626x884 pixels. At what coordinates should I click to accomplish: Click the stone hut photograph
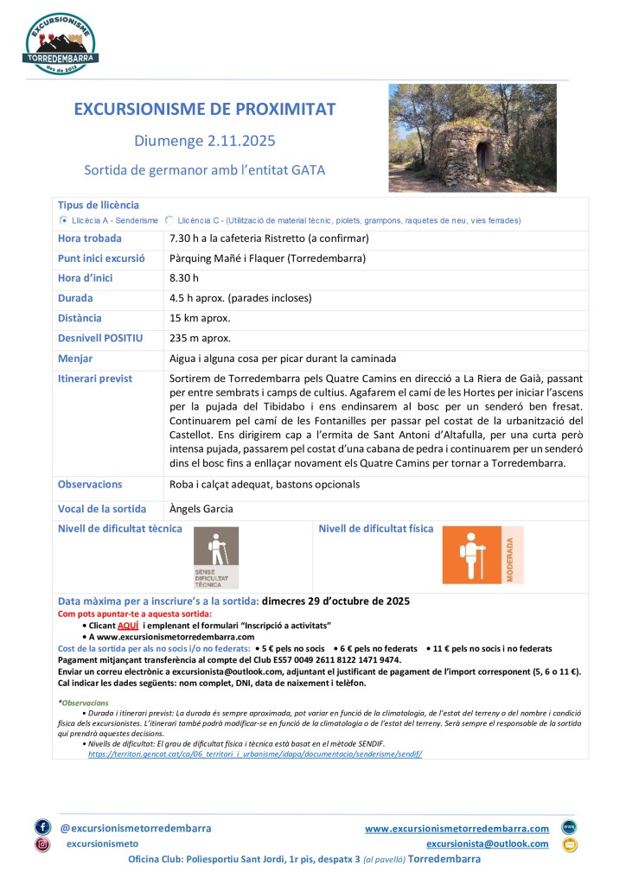point(472,137)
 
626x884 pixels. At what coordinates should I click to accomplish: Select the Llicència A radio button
point(63,220)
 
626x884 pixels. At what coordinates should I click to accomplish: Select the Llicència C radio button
point(169,220)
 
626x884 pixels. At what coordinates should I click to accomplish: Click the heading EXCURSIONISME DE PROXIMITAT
point(205,109)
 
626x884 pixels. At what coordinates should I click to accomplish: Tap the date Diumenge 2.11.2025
point(205,140)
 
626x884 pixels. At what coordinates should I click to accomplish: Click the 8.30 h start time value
point(184,278)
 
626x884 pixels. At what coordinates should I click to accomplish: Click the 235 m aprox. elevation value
point(201,338)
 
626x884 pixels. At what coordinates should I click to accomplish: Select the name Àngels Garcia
point(201,509)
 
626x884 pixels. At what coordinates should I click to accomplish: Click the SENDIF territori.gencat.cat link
point(255,754)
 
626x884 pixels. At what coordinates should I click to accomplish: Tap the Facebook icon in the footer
point(42,827)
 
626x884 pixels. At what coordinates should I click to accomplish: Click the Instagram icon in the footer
point(42,844)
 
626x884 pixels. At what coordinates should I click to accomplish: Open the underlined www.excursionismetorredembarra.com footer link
point(457,828)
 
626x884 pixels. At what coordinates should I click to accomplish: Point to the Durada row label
point(75,298)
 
